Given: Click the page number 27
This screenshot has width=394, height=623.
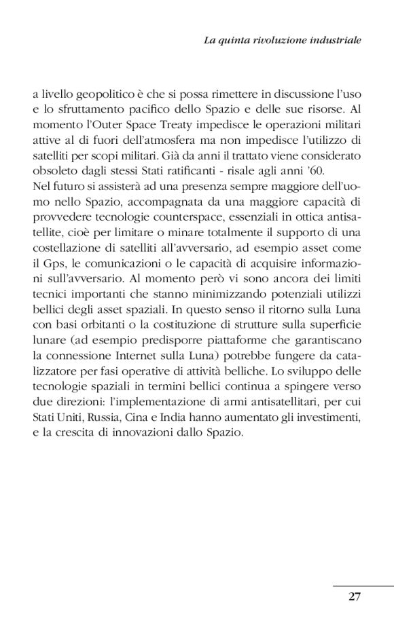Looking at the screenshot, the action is [x=354, y=597].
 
